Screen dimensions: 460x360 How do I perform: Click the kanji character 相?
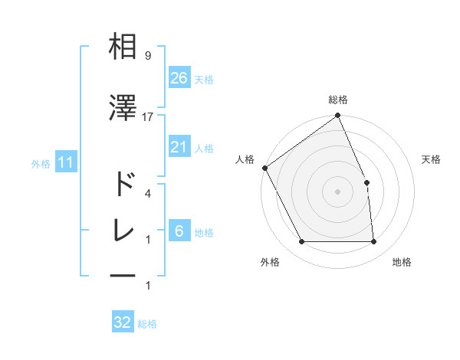pos(123,47)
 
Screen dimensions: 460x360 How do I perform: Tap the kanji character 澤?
pos(123,108)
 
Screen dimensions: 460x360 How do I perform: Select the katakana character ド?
pos(123,185)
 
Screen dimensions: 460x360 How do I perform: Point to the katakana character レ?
pos(123,230)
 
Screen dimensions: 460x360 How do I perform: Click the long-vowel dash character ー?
pos(123,274)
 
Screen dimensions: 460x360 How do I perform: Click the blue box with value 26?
pos(179,78)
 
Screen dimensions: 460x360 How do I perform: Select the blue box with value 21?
pos(179,147)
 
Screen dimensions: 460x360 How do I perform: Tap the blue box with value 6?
pos(179,232)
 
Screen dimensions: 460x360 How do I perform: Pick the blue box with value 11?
pos(66,162)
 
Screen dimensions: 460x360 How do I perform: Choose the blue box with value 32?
pos(123,322)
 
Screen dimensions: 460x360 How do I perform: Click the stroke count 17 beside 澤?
pos(148,116)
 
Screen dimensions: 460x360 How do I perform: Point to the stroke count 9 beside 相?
pos(147,55)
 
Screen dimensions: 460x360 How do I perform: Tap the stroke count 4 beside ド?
pos(147,193)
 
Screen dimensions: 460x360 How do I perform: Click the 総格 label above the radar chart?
pos(337,100)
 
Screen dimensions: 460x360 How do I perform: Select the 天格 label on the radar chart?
pos(432,159)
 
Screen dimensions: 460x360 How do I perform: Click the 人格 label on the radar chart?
pos(245,159)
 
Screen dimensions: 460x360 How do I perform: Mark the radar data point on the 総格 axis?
pos(337,116)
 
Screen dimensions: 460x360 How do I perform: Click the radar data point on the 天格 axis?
pos(366,182)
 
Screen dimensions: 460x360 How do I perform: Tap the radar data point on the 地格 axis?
pos(374,242)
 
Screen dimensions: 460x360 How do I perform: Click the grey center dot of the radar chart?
pos(337,191)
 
